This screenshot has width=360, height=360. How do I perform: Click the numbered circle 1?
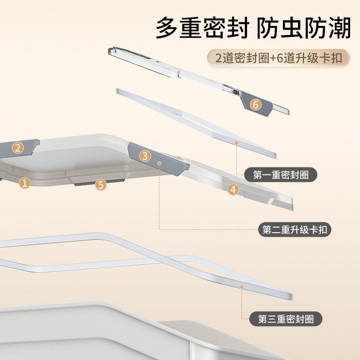point(25,183)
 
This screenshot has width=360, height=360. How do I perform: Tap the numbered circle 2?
point(18,147)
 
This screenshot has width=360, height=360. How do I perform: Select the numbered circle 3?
point(144,156)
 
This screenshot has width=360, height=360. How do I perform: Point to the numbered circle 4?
point(233,189)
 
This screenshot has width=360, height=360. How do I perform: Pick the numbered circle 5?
point(101,184)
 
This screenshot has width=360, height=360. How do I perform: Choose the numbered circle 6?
point(255,105)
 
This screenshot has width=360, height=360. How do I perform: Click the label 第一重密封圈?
point(280,175)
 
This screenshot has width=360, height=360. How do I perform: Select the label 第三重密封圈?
point(285,319)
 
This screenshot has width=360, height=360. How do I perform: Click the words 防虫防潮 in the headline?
point(304,29)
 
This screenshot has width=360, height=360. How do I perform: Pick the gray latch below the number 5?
point(98,181)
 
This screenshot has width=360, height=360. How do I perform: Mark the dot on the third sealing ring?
point(242,286)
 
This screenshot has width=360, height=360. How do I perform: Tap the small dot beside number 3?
point(159,161)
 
